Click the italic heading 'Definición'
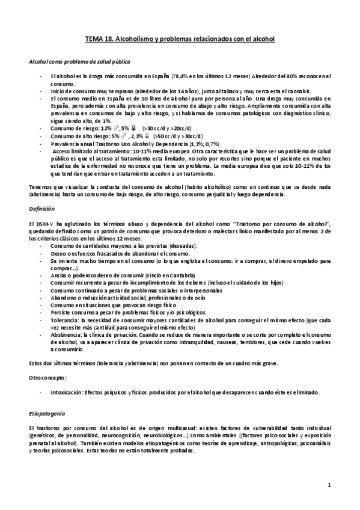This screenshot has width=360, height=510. pos(41,209)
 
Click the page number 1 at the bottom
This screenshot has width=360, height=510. pos(329,485)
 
